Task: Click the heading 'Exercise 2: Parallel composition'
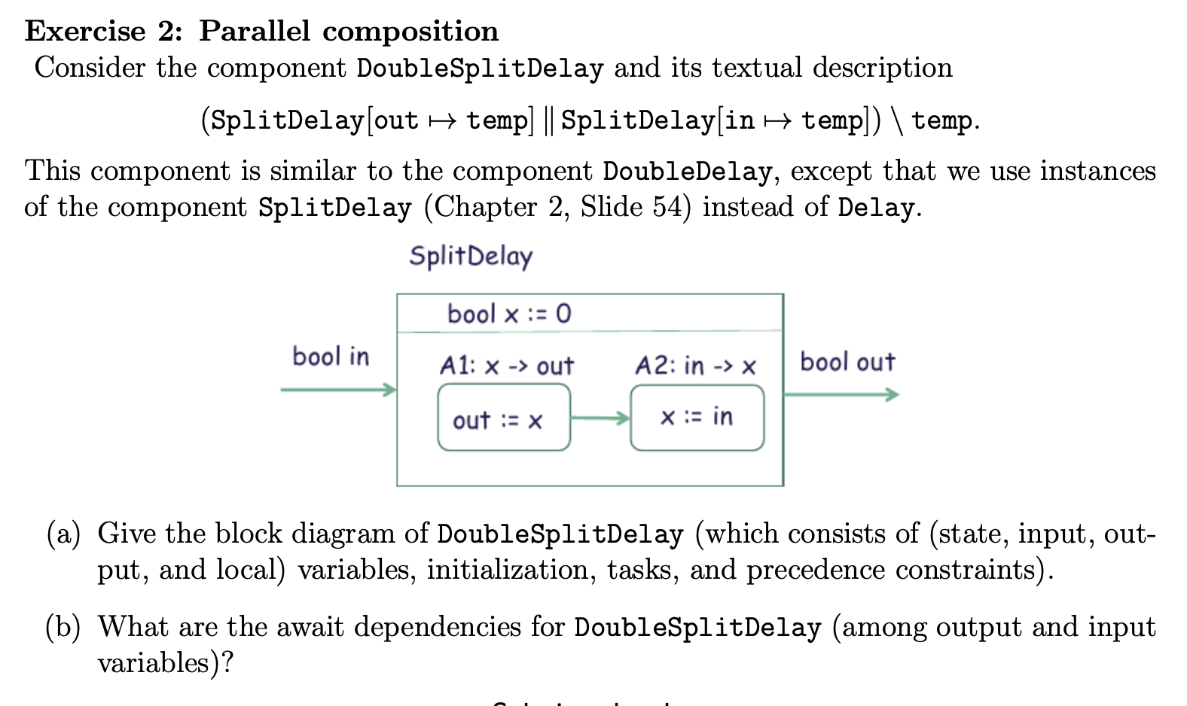point(261,31)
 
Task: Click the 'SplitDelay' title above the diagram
point(471,256)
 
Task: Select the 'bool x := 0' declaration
point(509,313)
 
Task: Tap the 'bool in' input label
point(331,356)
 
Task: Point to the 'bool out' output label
point(847,362)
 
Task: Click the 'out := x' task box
point(503,418)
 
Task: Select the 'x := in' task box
point(697,418)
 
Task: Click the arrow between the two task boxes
point(600,418)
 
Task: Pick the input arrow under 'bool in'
point(338,389)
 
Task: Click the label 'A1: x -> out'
point(506,366)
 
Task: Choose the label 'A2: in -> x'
point(695,366)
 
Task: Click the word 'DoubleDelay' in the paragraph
point(687,172)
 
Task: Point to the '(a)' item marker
point(63,534)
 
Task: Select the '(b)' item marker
point(63,627)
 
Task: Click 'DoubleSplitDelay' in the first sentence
point(480,68)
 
